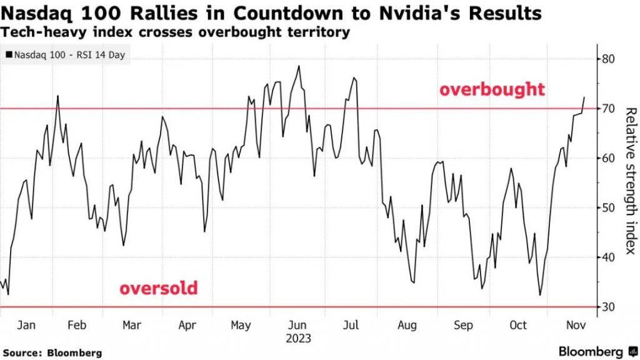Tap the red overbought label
point(492,89)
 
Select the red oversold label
point(158,289)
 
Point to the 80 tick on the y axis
point(609,59)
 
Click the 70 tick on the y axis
point(609,109)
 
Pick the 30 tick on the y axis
point(609,307)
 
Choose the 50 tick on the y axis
point(609,208)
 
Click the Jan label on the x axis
point(26,326)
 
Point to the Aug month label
point(407,326)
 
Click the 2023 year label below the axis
point(298,338)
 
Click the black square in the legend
point(9,55)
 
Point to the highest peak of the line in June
point(299,66)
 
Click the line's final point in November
point(584,97)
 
